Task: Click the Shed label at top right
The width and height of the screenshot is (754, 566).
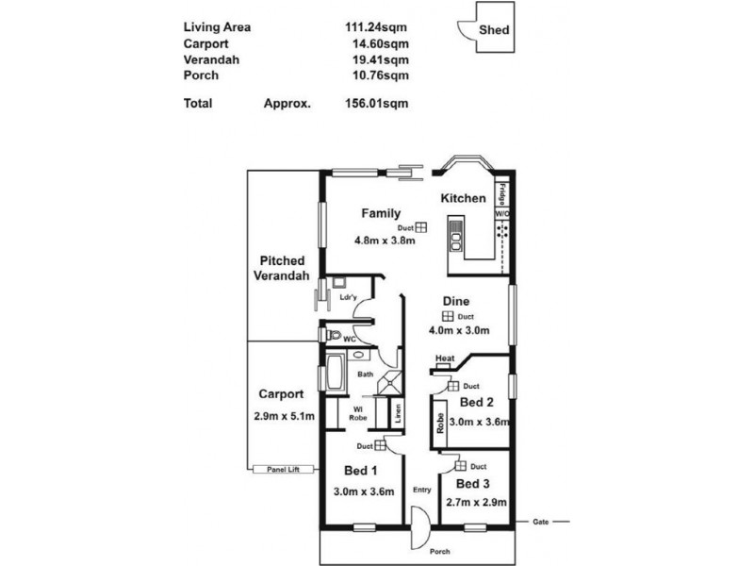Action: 494,30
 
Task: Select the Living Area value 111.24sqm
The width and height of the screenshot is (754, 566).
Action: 377,27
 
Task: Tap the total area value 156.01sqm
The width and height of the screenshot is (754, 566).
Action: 377,104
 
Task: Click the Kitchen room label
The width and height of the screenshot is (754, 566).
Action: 464,198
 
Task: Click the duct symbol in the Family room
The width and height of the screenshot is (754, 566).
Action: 421,227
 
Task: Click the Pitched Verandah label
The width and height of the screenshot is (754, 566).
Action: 284,268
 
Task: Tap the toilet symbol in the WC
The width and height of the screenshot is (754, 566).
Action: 330,335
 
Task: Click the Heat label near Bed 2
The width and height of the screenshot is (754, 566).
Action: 445,358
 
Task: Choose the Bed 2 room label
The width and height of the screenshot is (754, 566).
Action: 476,403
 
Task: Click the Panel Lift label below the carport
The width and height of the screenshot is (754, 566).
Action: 282,468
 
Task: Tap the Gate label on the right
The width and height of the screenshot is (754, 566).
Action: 540,521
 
